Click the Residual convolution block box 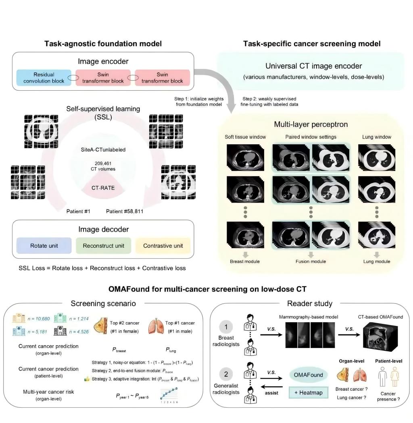pos(44,78)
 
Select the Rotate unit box pos(44,245)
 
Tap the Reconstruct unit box pos(103,245)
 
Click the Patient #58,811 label pos(125,211)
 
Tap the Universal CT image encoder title pos(313,66)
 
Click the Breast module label pos(245,261)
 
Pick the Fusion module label pos(311,261)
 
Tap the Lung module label pos(376,261)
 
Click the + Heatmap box pos(308,392)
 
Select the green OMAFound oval pos(308,375)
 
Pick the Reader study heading pos(310,303)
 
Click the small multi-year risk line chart pos(169,395)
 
